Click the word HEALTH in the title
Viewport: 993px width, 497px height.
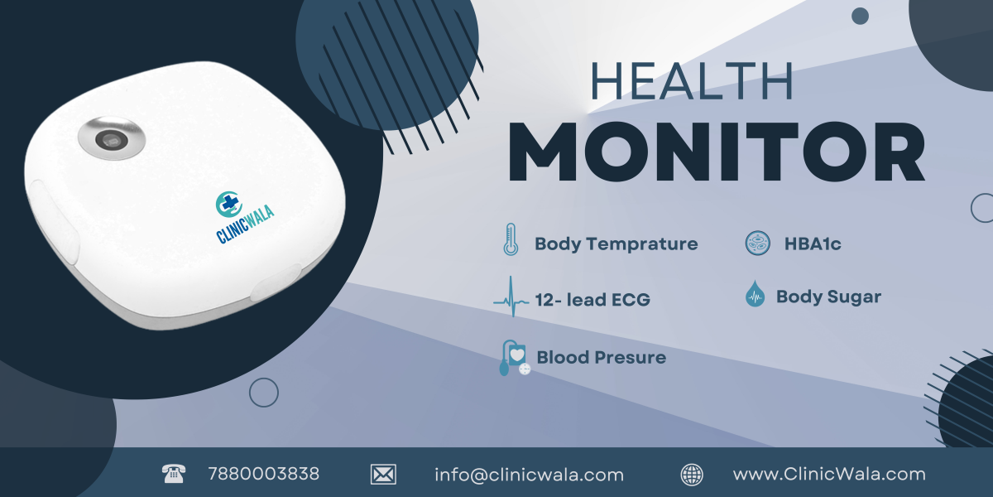[691, 82]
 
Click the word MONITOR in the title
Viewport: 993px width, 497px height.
[716, 153]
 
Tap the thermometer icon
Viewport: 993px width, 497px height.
[511, 239]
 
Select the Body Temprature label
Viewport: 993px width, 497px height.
[616, 244]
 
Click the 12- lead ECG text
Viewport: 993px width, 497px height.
[592, 300]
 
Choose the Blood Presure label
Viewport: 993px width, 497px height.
[601, 358]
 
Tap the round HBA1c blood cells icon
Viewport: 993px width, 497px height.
[757, 243]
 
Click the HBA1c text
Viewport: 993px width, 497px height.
[813, 244]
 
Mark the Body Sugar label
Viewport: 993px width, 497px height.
[828, 297]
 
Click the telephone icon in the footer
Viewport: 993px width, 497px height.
[173, 474]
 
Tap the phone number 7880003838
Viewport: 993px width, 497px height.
[264, 475]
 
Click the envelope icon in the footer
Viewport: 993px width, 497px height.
[383, 475]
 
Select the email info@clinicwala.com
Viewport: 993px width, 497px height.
[529, 475]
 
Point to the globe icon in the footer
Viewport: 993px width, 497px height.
[692, 475]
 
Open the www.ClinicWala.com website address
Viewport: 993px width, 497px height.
[829, 475]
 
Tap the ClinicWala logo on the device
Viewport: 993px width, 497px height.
[242, 216]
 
